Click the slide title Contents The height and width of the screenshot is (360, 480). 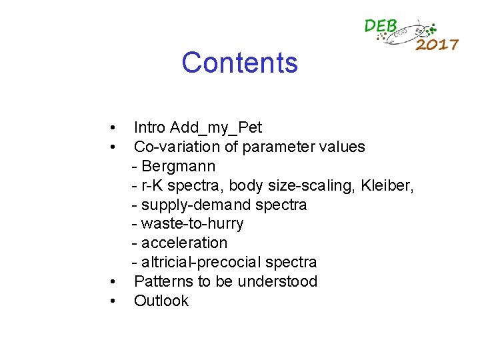[239, 63]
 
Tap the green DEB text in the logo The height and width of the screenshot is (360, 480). [381, 26]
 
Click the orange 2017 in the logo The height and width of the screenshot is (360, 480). [437, 45]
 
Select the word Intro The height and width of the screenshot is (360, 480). [149, 127]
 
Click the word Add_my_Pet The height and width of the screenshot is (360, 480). [216, 127]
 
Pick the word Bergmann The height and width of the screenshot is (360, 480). [179, 166]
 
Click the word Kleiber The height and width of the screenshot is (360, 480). [387, 185]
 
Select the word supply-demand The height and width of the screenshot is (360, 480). [193, 205]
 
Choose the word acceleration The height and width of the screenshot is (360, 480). [184, 243]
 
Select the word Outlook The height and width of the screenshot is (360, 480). [161, 301]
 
